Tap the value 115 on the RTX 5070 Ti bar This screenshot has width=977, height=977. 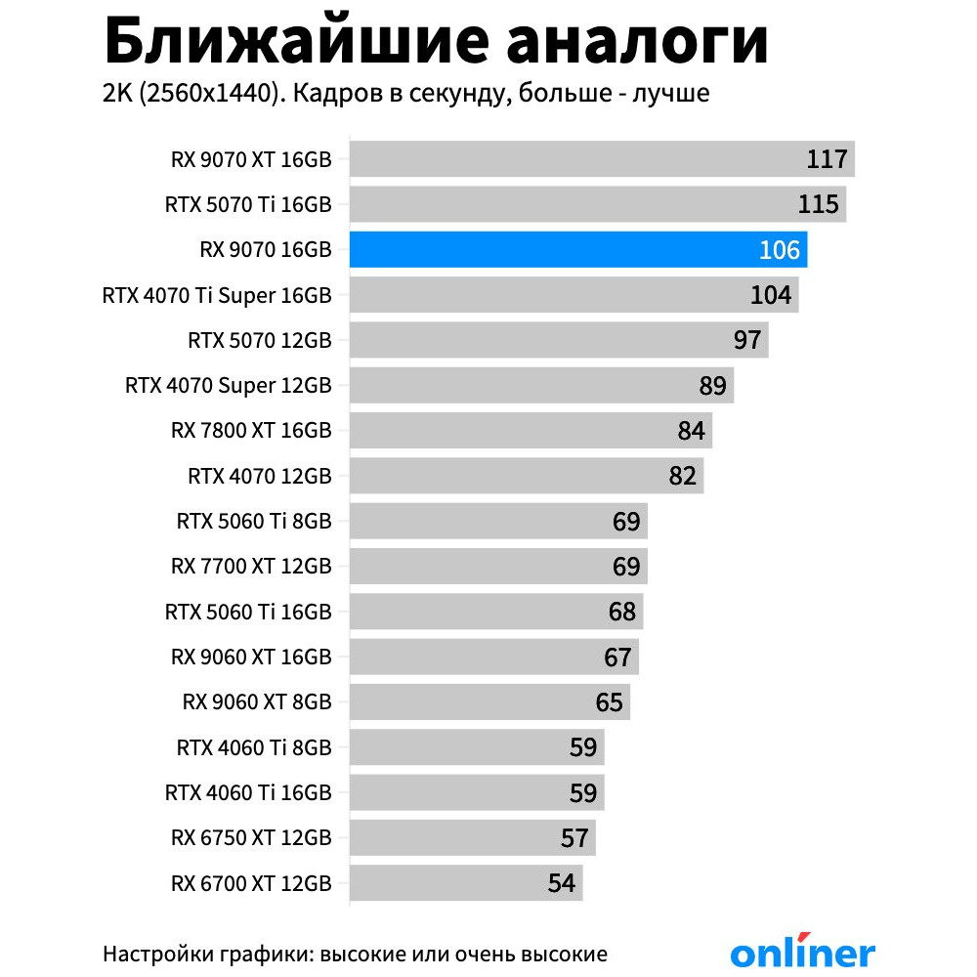818,204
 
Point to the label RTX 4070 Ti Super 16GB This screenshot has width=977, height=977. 217,295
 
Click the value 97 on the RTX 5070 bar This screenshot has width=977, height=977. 747,340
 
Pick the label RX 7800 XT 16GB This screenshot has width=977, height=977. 251,431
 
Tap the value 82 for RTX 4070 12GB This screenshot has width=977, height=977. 683,476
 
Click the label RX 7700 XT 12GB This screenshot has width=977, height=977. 251,567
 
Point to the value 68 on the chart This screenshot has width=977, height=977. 622,612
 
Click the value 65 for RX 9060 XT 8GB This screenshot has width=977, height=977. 610,702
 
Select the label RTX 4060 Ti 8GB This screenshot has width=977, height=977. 254,748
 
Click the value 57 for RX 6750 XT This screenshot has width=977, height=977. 575,838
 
